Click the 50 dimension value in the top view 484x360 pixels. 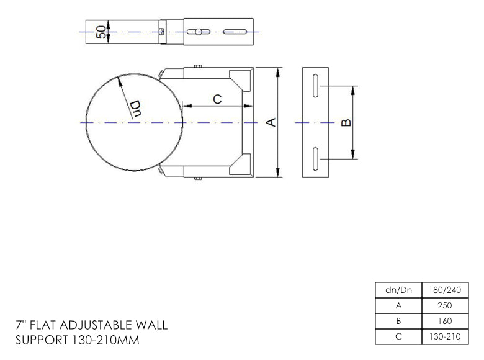(x=101, y=32)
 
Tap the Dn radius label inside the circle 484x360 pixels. (x=135, y=109)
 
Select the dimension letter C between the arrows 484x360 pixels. (x=217, y=99)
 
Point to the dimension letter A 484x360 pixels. (x=271, y=122)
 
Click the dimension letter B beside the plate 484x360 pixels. (x=346, y=122)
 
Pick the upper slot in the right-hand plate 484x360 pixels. (x=315, y=86)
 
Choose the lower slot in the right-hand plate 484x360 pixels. (x=315, y=159)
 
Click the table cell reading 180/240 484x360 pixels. (x=445, y=290)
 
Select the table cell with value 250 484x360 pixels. (x=445, y=305)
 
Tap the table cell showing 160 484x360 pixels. (x=445, y=321)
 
